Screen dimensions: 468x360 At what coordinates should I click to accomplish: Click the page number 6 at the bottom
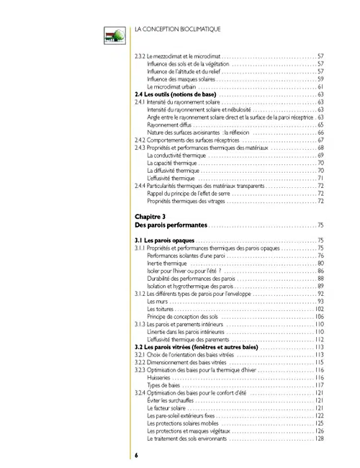(135, 454)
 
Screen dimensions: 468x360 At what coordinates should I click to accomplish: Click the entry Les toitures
(161, 309)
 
